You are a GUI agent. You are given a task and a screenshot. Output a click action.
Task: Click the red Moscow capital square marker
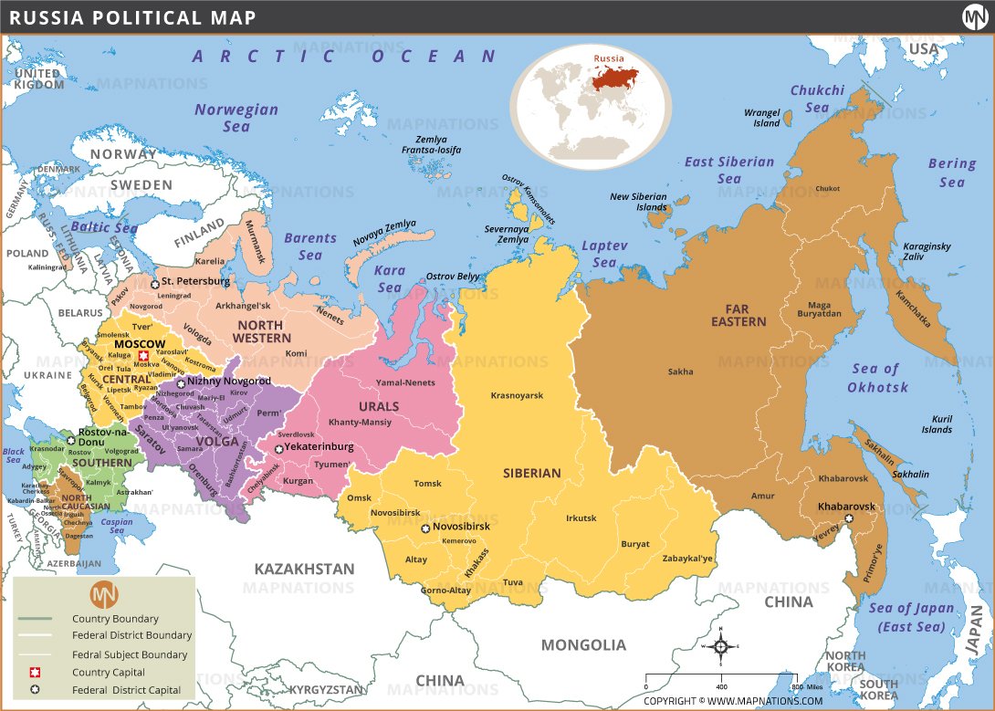[x=143, y=357]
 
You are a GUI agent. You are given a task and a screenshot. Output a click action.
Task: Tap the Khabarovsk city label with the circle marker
[x=845, y=507]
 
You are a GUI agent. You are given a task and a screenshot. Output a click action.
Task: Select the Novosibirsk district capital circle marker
[x=424, y=528]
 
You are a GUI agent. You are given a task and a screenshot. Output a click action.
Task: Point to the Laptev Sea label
[x=604, y=254]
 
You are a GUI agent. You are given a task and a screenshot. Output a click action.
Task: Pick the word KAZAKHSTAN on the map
[x=303, y=569]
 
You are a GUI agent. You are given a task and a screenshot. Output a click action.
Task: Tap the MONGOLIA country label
[x=583, y=644]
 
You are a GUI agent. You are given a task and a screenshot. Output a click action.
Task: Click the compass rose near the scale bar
[x=720, y=647]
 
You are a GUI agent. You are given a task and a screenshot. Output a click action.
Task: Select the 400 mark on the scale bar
[x=721, y=686]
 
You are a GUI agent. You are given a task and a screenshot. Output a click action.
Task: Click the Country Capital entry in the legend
[x=108, y=673]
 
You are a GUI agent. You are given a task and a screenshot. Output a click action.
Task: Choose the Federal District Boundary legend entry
[x=131, y=635]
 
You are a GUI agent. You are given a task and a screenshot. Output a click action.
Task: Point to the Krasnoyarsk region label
[x=517, y=395]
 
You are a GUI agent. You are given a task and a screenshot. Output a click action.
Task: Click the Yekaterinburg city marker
[x=278, y=449]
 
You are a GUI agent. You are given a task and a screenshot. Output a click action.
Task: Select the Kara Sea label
[x=390, y=278]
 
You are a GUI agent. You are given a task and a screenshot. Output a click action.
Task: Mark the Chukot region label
[x=827, y=189]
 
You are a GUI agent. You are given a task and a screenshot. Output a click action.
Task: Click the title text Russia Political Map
[x=132, y=17]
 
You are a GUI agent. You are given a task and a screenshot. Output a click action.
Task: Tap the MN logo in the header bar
[x=974, y=17]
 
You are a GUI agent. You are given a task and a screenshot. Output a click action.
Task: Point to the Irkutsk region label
[x=581, y=518]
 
